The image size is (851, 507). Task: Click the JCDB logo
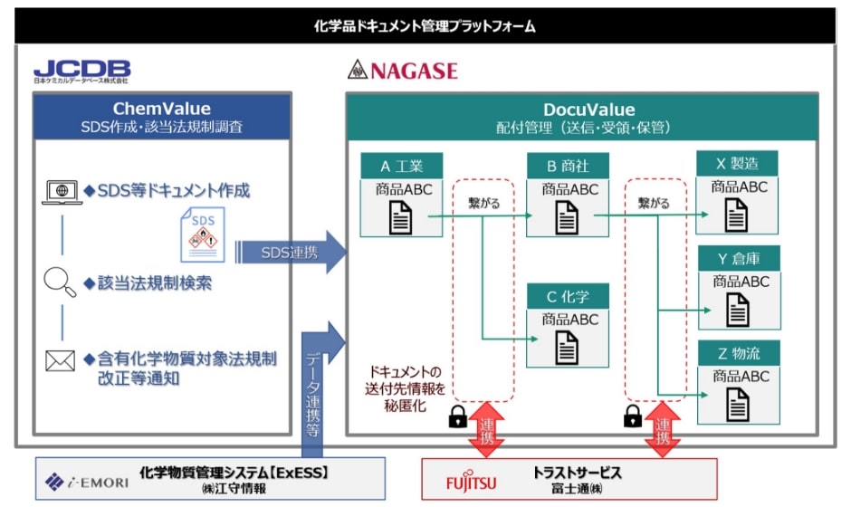click(82, 70)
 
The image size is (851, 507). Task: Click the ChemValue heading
click(162, 110)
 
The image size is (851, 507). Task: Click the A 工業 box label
click(401, 166)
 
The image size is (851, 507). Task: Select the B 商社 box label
click(569, 166)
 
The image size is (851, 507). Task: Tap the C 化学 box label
click(569, 295)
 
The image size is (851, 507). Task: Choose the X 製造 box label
click(737, 164)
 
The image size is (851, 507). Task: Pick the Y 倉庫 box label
click(737, 259)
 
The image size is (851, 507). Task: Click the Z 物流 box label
click(737, 353)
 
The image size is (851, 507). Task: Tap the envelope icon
click(60, 361)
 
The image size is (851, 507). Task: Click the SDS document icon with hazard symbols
click(202, 234)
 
